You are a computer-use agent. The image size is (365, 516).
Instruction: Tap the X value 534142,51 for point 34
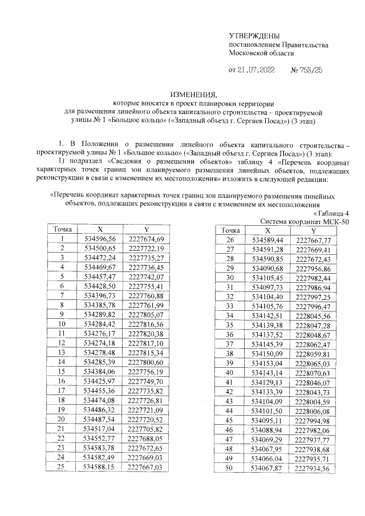click(x=267, y=315)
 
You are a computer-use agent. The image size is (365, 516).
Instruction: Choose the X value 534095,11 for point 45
click(x=267, y=420)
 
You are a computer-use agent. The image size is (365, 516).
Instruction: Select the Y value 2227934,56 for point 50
click(x=314, y=468)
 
